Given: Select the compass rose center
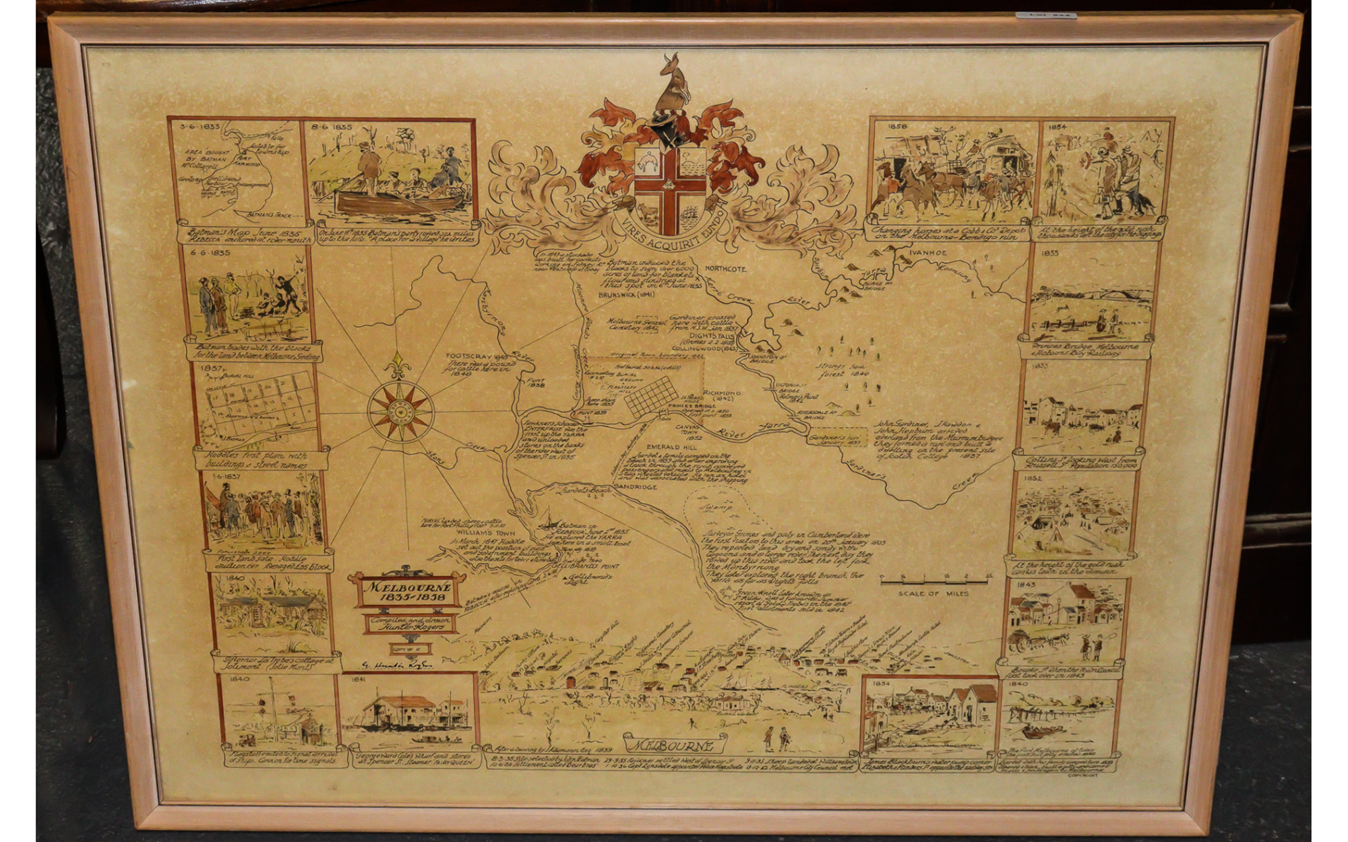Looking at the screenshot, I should (x=400, y=410).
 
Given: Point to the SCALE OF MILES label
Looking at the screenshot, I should (x=933, y=593).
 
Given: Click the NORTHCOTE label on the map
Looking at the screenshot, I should (x=726, y=268).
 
